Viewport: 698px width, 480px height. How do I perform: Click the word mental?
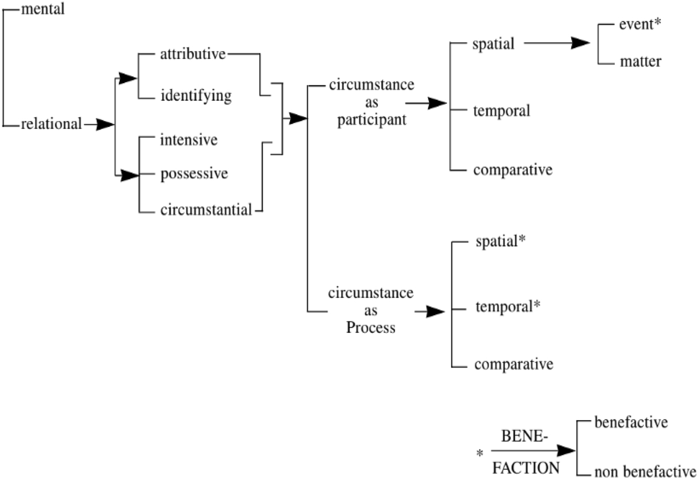coord(43,9)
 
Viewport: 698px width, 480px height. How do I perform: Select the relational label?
coord(52,125)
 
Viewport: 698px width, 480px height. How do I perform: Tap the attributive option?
coord(193,54)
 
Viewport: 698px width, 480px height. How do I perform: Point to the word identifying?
coord(196,96)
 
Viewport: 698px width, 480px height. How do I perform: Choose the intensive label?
coord(189,140)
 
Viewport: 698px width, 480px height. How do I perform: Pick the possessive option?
coord(194,174)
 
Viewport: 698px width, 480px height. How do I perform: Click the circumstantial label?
coord(206,210)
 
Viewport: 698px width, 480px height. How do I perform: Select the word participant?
coord(372,120)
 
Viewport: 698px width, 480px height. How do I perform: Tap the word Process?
coord(371,328)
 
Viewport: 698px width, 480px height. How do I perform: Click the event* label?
coord(640,25)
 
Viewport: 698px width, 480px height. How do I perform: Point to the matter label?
coord(640,62)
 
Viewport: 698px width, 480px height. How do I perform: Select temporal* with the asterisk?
coord(508,307)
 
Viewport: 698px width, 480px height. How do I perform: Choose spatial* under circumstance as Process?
coord(501,241)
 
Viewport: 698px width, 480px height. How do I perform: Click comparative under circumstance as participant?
coord(512,170)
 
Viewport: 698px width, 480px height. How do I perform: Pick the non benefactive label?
coord(645,472)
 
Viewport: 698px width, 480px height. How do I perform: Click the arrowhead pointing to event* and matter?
coord(581,43)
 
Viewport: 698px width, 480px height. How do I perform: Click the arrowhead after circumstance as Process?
coord(436,312)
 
